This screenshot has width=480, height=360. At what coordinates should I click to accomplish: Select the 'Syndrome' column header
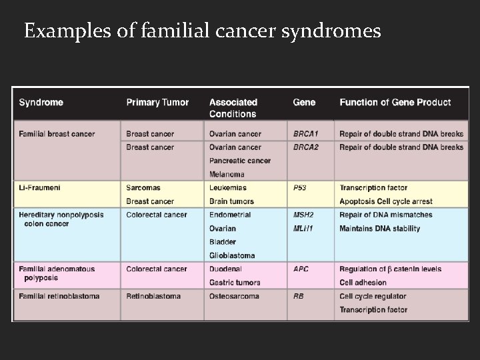(x=41, y=103)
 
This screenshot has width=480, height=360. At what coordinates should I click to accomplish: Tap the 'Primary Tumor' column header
(x=157, y=103)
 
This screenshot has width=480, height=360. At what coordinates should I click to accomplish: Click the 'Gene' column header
(x=304, y=103)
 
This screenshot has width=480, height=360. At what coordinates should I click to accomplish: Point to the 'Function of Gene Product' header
(x=395, y=103)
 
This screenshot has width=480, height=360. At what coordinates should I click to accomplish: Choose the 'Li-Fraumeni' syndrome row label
(x=39, y=188)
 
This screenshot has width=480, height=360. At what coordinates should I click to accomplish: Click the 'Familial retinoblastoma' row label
(x=59, y=296)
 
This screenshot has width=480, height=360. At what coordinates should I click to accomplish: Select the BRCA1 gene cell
(x=305, y=134)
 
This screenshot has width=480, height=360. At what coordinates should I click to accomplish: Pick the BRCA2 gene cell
(x=305, y=147)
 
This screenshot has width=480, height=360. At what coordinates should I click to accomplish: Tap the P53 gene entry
(x=300, y=188)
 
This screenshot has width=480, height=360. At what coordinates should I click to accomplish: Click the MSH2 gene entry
(x=303, y=215)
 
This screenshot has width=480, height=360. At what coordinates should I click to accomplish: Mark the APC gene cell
(x=301, y=269)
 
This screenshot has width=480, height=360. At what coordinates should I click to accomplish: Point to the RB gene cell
(x=298, y=296)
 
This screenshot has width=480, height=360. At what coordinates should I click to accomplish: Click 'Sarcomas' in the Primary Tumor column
(x=143, y=188)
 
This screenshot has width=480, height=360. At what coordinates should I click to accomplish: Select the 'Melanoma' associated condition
(x=227, y=175)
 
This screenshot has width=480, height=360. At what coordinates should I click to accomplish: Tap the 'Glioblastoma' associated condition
(x=232, y=255)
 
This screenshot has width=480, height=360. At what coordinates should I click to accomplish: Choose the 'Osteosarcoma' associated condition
(x=233, y=296)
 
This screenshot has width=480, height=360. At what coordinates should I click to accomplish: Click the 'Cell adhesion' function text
(x=363, y=283)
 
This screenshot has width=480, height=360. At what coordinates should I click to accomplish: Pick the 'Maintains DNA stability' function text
(x=379, y=229)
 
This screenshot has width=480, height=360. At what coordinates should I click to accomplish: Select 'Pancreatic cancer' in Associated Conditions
(x=239, y=161)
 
